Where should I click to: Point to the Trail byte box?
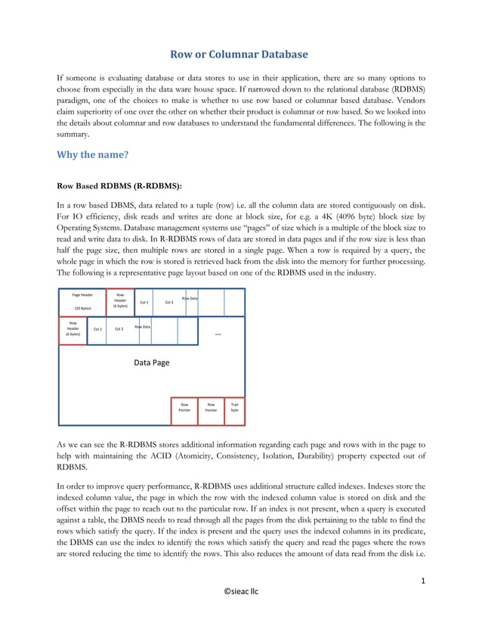(234, 411)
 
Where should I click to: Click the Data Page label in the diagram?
(152, 362)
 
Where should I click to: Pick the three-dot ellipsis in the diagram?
(218, 333)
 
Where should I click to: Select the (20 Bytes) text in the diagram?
(82, 309)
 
